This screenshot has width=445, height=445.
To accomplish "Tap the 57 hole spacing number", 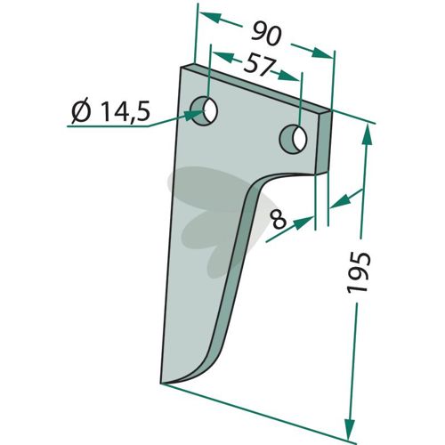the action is (257, 64).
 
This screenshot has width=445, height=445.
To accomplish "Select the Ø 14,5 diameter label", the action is (110, 112).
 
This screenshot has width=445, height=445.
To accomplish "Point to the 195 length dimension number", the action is (359, 272).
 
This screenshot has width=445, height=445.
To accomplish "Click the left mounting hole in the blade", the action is (205, 111).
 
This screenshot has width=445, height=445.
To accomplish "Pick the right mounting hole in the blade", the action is (294, 139).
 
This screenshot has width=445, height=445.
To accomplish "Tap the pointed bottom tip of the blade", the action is (161, 383).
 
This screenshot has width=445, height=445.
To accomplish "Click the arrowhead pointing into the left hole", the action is (194, 114).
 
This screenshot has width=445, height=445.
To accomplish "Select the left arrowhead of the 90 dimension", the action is (210, 18).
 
